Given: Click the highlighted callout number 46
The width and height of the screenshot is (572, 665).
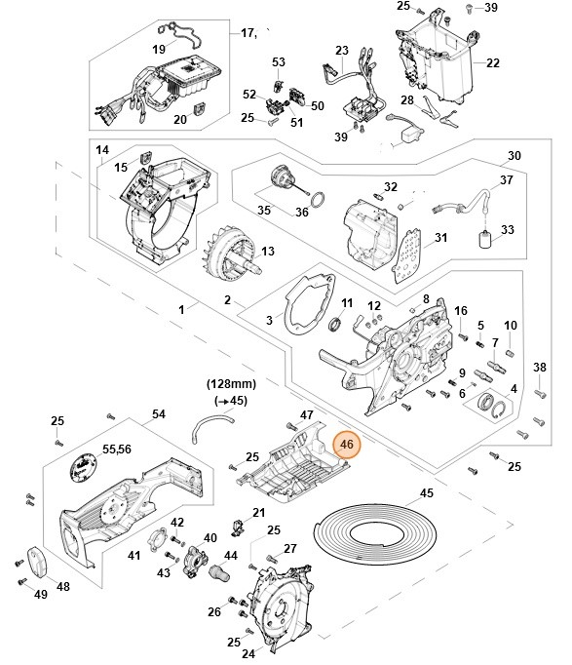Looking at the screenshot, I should coord(348,445).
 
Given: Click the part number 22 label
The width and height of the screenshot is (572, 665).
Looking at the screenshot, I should coord(492,63).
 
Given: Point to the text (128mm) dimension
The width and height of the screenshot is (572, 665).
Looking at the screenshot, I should coord(231,384).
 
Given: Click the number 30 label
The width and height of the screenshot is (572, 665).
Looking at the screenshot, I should coord(515,156).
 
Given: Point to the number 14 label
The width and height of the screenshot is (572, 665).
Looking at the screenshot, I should coord(102,151).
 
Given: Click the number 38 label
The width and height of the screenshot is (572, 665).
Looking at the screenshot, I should coord(540,367).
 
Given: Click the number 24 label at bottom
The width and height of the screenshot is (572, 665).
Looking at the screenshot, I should coord(248,654).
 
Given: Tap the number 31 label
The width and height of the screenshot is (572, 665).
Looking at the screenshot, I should coord(440,238).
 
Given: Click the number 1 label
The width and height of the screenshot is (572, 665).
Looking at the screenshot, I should coord(181,309).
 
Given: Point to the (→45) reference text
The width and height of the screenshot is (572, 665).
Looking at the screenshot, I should coord(231,401).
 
